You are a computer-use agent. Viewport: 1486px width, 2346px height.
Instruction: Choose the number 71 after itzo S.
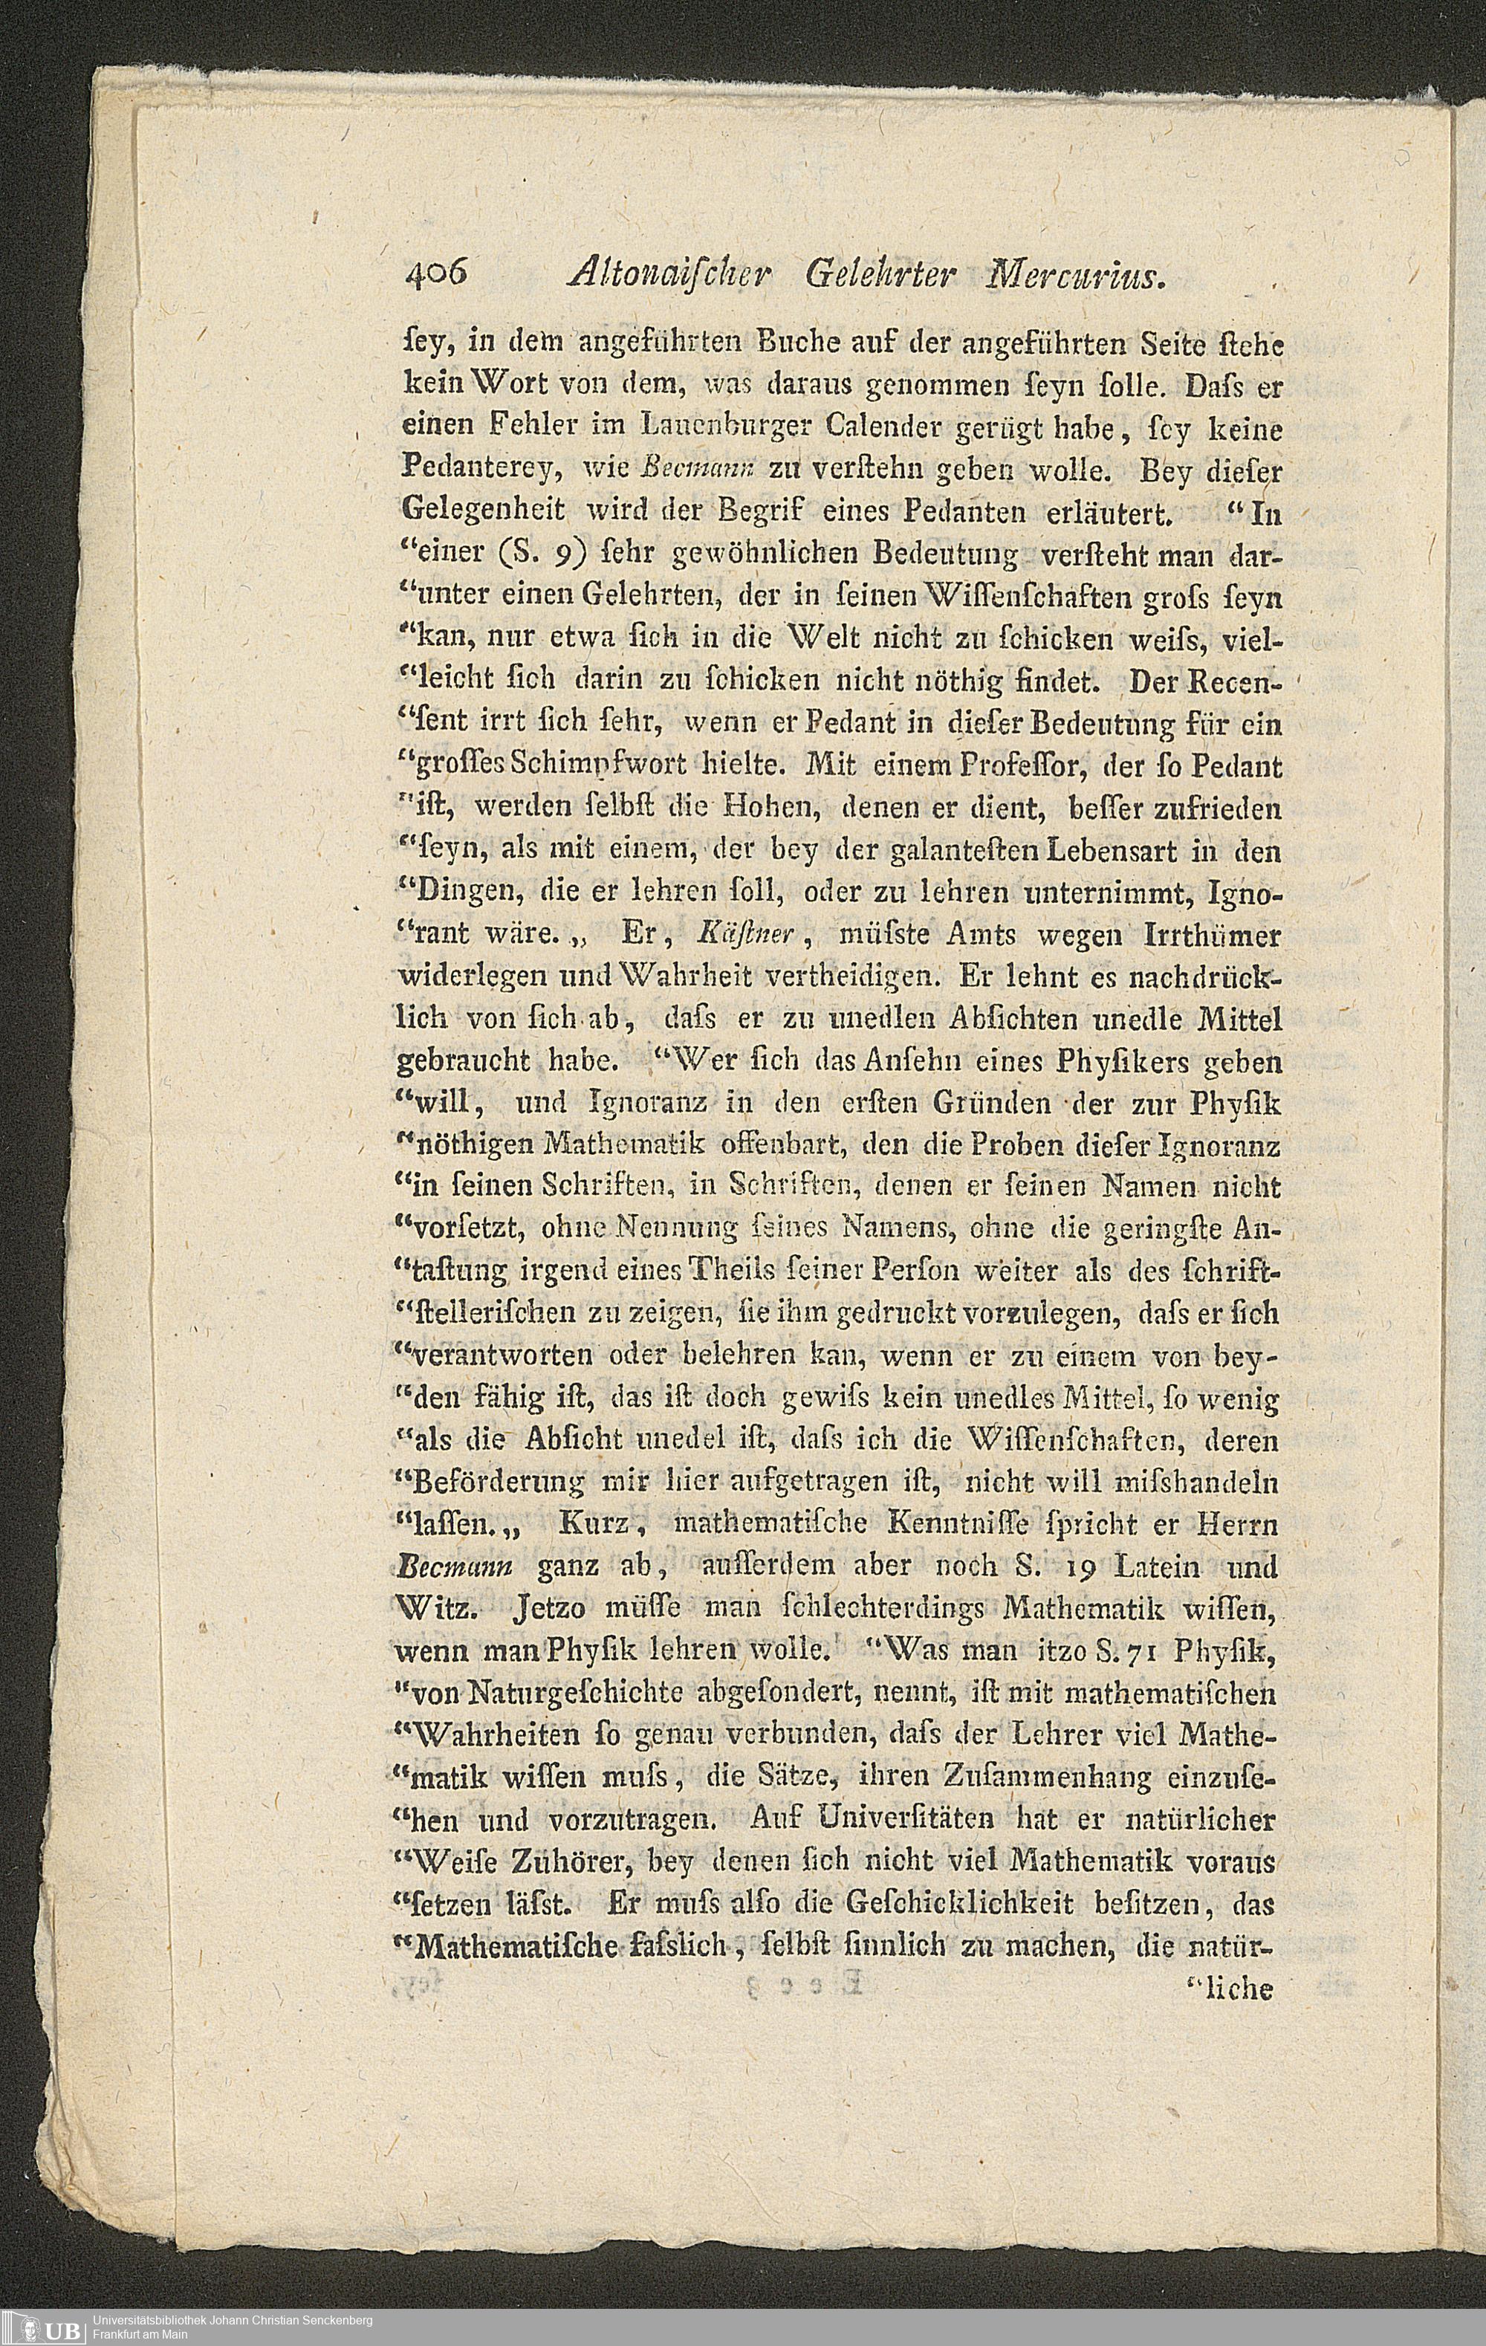tap(1139, 1651)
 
